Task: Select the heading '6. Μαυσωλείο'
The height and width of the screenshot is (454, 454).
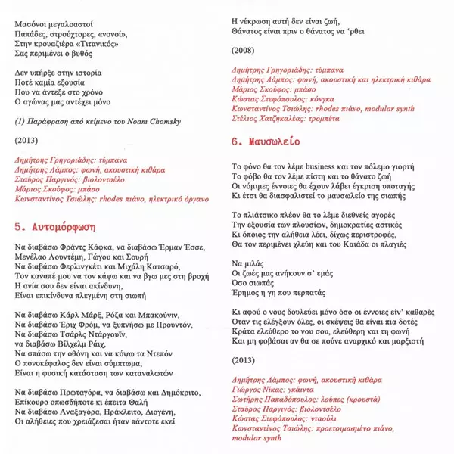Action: (x=266, y=141)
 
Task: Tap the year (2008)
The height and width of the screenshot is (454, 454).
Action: (x=244, y=51)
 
